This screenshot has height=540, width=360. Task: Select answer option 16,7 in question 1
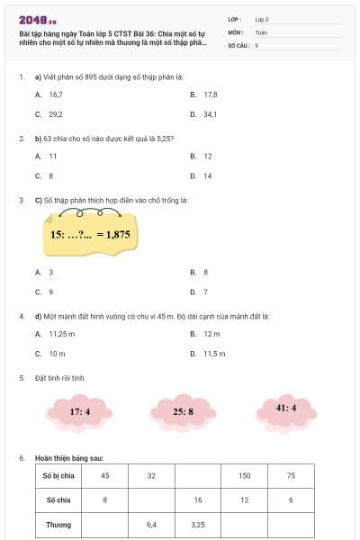point(55,94)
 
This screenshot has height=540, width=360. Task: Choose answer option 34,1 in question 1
point(210,114)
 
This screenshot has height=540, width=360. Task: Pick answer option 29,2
point(55,114)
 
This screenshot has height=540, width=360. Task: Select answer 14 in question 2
point(207,176)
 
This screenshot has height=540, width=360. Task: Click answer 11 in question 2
point(52,156)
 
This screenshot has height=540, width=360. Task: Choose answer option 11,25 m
point(58,333)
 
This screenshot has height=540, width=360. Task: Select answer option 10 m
point(57,354)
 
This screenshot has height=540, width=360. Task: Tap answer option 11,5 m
point(213,354)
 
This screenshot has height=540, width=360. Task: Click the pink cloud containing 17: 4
point(80,411)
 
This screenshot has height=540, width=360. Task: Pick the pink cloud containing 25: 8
point(184,411)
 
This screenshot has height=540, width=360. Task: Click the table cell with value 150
point(244,475)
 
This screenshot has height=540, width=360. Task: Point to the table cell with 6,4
point(151,523)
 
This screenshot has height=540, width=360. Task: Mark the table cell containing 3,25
point(198,523)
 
